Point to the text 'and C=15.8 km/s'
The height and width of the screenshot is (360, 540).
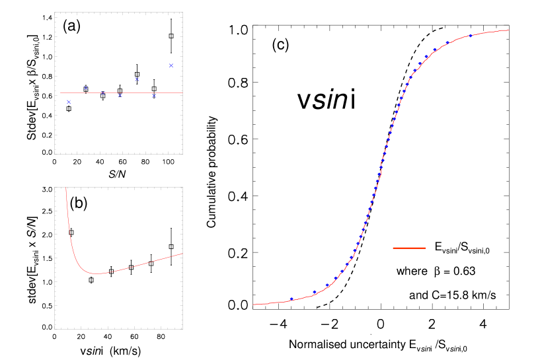pyautogui.click(x=452, y=295)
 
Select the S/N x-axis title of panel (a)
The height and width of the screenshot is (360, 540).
pyautogui.click(x=114, y=174)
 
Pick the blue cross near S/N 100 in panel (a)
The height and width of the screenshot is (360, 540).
pyautogui.click(x=171, y=65)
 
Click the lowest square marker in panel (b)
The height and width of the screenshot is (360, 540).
pyautogui.click(x=91, y=280)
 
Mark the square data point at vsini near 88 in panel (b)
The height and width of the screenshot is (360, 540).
pyautogui.click(x=171, y=246)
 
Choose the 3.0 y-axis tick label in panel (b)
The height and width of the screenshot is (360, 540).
pyautogui.click(x=46, y=190)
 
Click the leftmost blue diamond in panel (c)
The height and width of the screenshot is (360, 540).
pyautogui.click(x=291, y=299)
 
